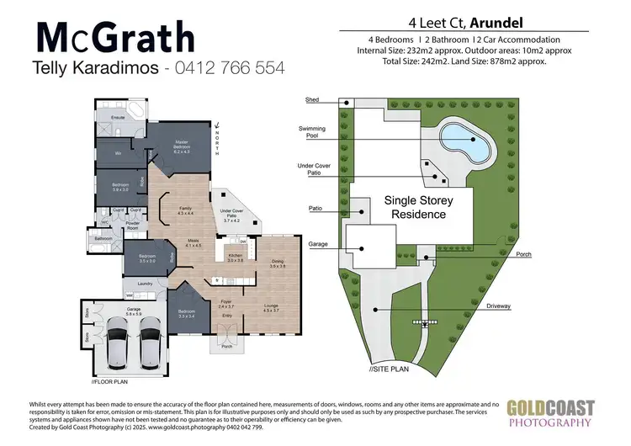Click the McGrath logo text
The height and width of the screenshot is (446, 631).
pyautogui.click(x=116, y=38)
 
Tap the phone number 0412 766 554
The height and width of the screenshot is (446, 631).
pyautogui.click(x=229, y=67)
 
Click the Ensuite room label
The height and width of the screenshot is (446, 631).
pyautogui.click(x=119, y=118)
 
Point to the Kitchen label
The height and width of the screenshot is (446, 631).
pyautogui.click(x=236, y=258)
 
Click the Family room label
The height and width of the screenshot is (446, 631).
pyautogui.click(x=186, y=211)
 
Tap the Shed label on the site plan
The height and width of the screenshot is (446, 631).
pyautogui.click(x=312, y=99)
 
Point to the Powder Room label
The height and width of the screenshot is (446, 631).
pyautogui.click(x=133, y=225)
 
